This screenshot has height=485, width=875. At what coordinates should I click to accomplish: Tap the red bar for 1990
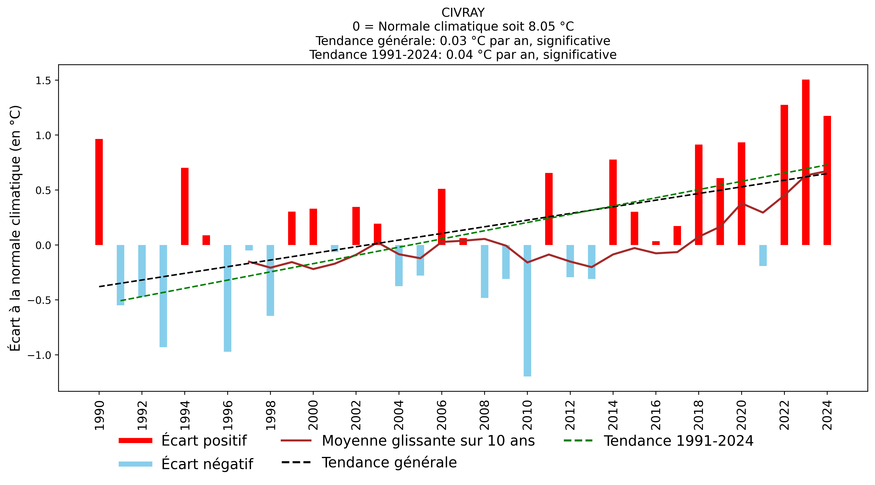pos(99,192)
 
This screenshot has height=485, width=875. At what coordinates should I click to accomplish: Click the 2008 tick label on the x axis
pos(484,415)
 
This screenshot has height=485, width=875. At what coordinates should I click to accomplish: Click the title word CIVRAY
pos(463,12)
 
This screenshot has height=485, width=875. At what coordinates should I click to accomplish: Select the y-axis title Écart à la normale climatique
pos(15,228)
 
